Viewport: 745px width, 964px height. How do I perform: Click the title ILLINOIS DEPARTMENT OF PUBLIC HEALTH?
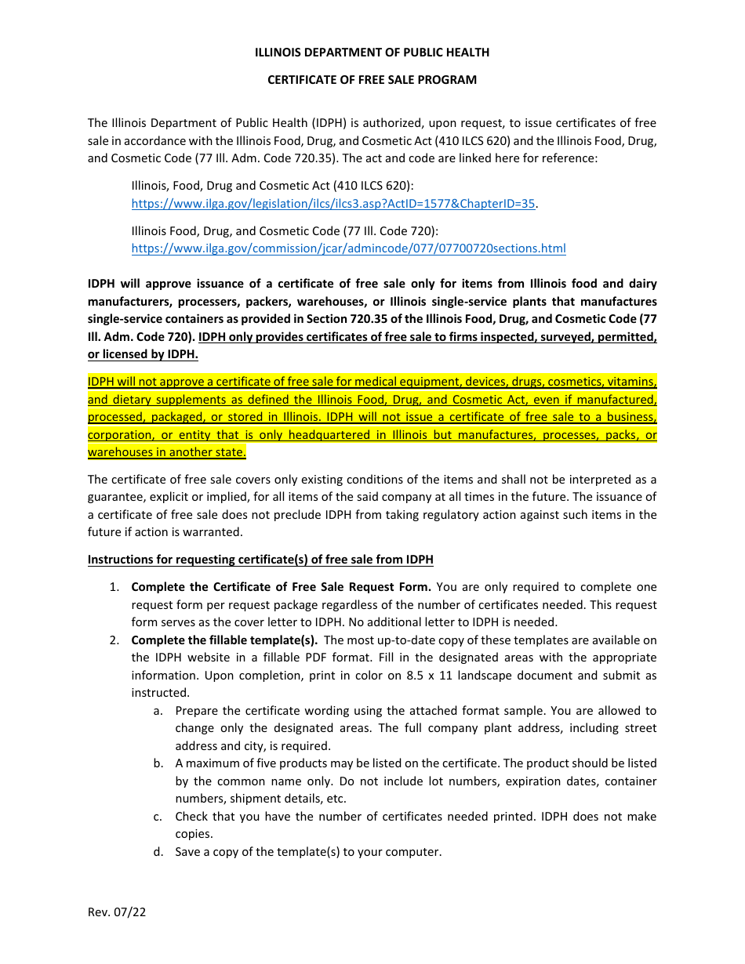[372, 53]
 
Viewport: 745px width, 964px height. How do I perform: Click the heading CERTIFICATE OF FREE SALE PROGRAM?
[372, 80]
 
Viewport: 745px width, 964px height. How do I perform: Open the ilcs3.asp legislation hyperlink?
[333, 204]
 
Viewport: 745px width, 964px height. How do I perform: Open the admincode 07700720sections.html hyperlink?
[348, 248]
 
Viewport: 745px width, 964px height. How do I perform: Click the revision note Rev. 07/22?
[116, 912]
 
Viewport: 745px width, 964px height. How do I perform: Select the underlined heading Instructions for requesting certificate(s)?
[260, 560]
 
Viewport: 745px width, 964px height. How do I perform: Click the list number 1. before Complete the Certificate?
[114, 587]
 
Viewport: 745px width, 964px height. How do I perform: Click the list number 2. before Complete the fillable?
[114, 640]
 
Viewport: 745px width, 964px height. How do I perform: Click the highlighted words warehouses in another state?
[166, 452]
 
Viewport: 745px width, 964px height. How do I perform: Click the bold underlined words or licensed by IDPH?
[143, 354]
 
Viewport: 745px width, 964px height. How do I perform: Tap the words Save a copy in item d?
[204, 852]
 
